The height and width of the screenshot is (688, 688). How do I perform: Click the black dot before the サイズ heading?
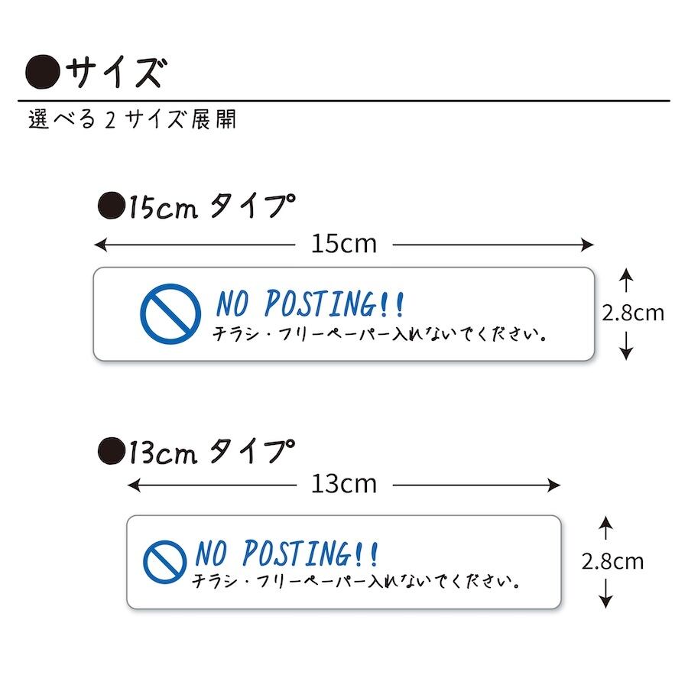coord(43,73)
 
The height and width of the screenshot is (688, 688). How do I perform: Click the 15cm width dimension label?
coord(345,245)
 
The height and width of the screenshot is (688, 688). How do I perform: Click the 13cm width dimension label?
coord(345,485)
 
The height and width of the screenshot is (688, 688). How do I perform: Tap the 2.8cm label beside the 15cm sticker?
coord(633,313)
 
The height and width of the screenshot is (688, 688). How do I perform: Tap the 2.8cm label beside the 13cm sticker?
coord(612,562)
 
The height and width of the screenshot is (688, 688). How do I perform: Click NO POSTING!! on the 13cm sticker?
coord(287,553)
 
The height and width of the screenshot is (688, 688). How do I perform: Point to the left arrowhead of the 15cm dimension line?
coord(99,245)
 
